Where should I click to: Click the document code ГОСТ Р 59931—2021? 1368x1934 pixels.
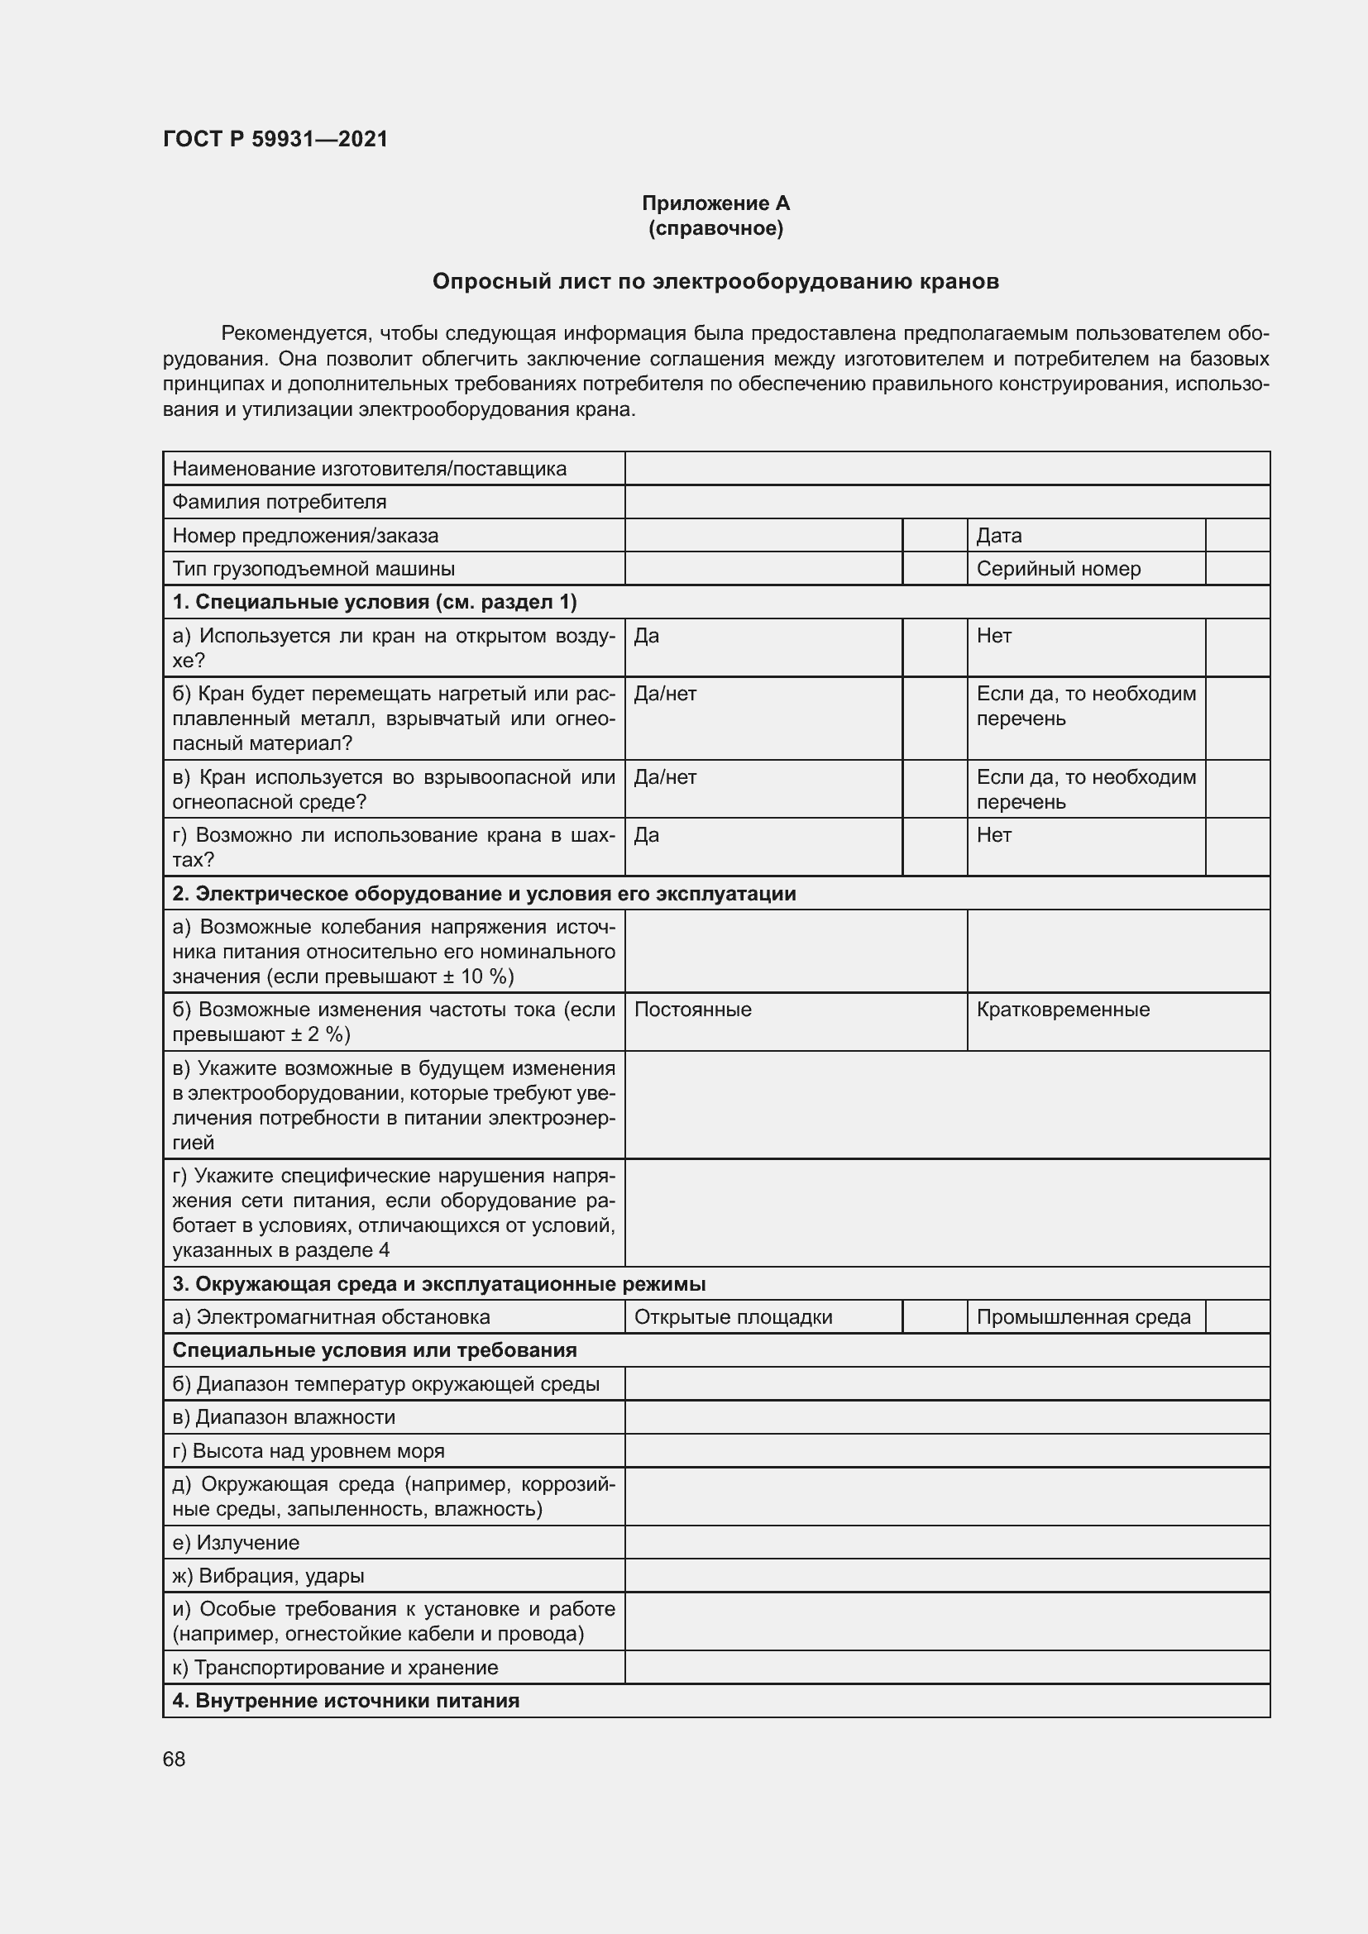click(275, 140)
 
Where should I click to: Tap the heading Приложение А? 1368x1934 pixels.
click(715, 203)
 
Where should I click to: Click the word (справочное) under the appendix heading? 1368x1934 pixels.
click(715, 228)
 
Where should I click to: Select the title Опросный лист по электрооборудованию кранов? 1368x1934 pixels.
click(715, 281)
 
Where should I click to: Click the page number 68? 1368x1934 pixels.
click(175, 1759)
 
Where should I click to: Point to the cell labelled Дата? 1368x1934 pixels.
click(999, 536)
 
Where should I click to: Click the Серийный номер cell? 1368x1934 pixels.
click(1058, 569)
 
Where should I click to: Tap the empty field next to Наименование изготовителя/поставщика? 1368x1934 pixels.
click(946, 468)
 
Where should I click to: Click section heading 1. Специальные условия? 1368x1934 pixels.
click(375, 601)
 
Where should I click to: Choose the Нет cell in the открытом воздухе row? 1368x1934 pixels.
click(994, 636)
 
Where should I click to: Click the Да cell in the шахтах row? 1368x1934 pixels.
click(647, 835)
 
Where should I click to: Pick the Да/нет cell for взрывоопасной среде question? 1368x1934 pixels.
click(666, 776)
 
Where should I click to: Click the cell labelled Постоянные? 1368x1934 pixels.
click(692, 1009)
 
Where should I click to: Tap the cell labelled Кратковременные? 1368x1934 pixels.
click(1062, 1009)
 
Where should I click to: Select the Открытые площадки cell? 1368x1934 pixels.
click(733, 1316)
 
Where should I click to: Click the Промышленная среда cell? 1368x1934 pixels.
click(1083, 1316)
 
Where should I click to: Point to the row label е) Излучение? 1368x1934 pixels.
click(236, 1542)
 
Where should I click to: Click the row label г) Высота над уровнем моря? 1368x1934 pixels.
click(309, 1450)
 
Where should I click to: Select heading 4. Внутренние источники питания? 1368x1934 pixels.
click(346, 1700)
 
